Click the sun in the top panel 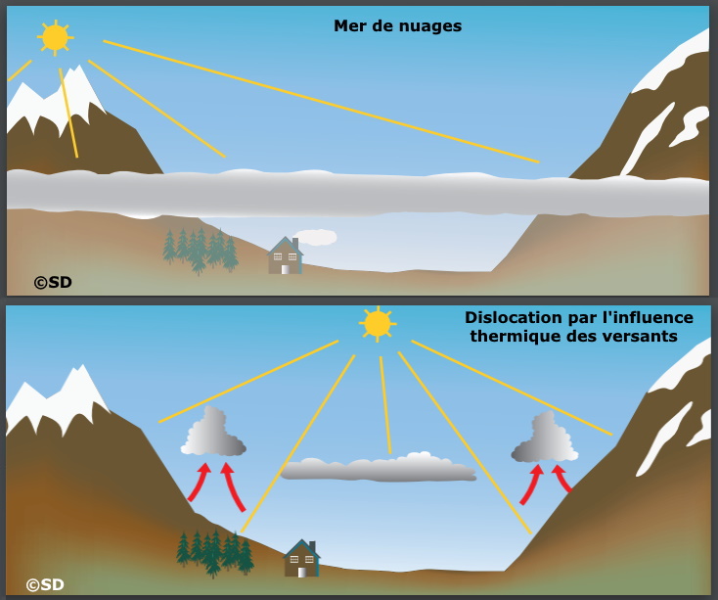[55, 37]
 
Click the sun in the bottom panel [377, 323]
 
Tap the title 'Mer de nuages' [397, 26]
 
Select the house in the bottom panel [301, 559]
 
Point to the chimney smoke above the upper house [316, 237]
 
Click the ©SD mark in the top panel [53, 282]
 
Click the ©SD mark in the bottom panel [45, 584]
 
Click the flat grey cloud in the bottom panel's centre [378, 469]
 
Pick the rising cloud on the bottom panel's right [545, 438]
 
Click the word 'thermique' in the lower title [516, 337]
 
